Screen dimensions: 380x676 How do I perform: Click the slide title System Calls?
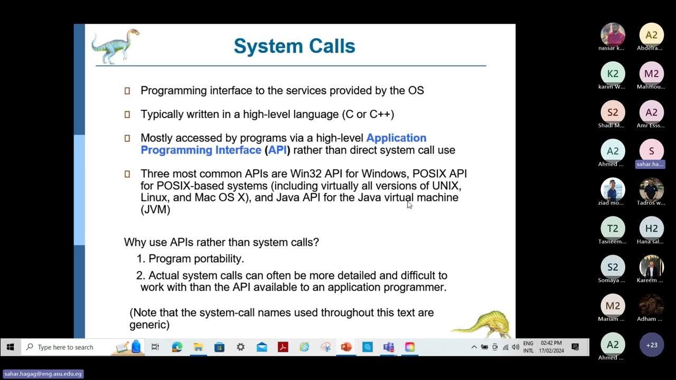294,46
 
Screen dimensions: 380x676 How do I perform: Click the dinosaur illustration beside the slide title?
116,46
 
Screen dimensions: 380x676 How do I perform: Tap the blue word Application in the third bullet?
396,138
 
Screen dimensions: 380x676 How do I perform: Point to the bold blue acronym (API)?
277,150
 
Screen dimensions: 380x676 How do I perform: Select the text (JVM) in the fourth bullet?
155,210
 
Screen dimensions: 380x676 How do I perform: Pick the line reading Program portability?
196,259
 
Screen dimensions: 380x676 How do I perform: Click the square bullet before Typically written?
127,115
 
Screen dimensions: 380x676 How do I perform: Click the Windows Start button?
10,347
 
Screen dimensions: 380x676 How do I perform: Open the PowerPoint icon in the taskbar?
346,347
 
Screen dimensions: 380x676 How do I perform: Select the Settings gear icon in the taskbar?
241,347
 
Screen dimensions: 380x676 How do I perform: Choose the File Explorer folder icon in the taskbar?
198,347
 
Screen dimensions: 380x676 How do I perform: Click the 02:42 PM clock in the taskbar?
551,343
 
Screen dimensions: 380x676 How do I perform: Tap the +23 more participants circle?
652,345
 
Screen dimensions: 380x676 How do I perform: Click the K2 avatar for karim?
613,74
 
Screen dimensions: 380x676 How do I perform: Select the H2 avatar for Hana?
652,229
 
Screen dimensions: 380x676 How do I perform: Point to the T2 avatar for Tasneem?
613,229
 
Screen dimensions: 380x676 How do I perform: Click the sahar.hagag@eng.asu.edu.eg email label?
43,374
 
